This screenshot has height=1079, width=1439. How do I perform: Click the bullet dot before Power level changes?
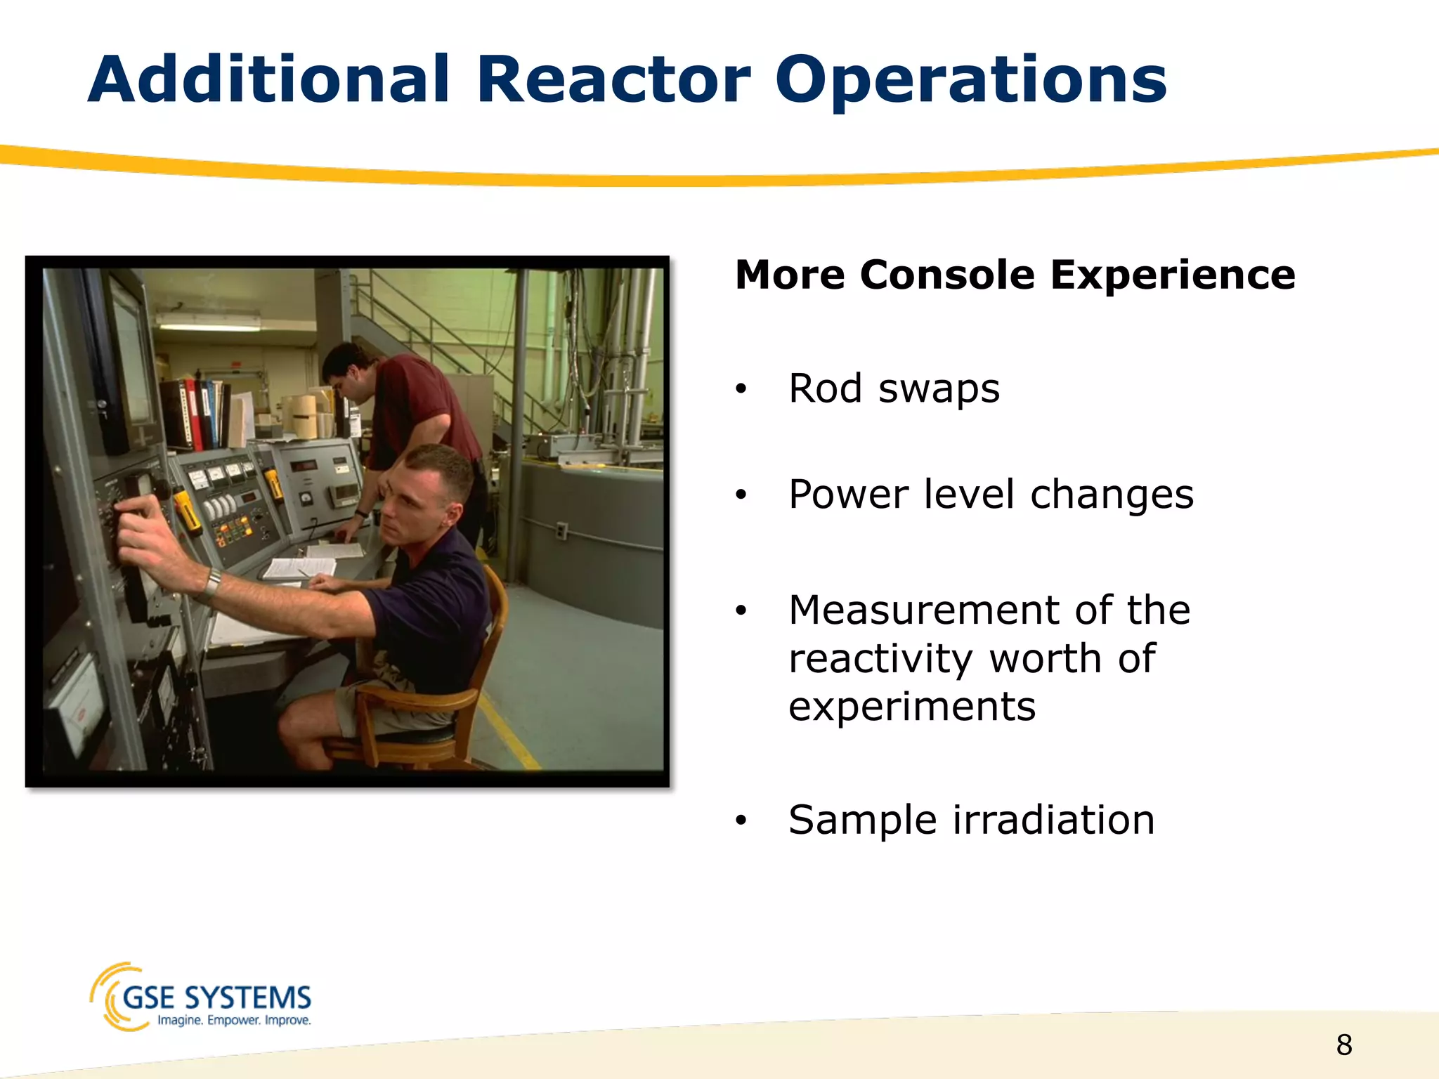741,495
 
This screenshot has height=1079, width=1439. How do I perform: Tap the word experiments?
911,707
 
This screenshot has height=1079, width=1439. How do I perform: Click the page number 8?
1343,1045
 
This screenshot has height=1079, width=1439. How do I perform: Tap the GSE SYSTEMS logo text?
216,998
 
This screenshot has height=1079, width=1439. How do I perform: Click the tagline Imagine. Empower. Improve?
234,1021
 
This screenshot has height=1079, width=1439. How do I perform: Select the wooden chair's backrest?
495,618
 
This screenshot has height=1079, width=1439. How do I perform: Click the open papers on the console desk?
299,565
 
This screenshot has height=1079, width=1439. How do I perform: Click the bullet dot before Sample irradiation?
741,820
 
